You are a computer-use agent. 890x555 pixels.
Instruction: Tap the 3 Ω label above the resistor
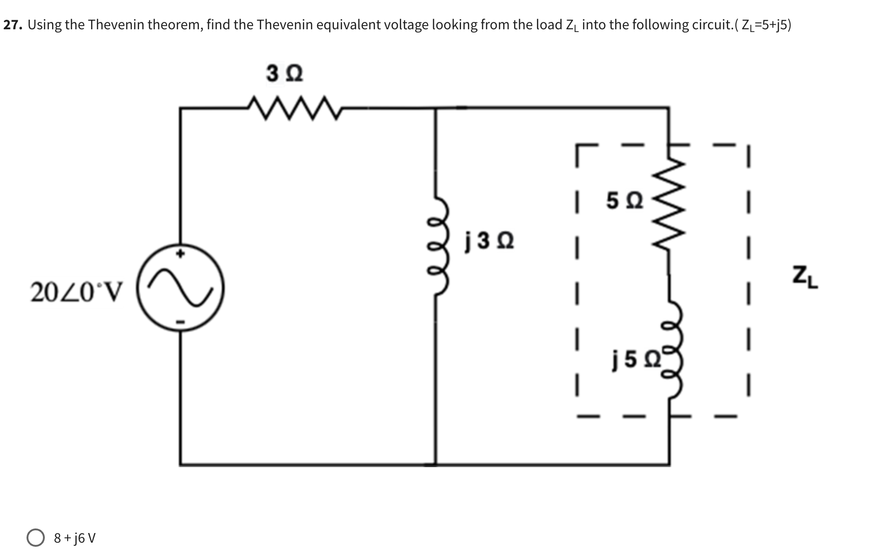(284, 74)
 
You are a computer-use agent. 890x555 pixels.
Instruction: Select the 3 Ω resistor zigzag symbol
(293, 108)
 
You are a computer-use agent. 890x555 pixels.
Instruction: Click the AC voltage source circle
(181, 287)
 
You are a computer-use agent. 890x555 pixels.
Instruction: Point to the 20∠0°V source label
(76, 292)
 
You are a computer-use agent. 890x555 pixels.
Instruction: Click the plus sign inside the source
(181, 253)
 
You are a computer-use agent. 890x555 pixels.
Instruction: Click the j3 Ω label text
(489, 241)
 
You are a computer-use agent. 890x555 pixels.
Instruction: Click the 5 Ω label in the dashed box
(624, 201)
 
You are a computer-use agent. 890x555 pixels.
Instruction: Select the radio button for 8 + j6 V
(36, 538)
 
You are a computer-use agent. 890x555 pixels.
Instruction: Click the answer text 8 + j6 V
(75, 538)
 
